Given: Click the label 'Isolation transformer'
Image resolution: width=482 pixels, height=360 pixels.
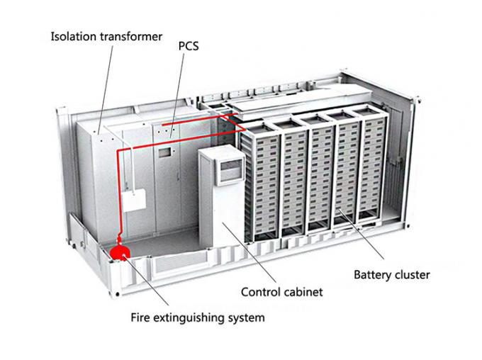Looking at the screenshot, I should [106, 36].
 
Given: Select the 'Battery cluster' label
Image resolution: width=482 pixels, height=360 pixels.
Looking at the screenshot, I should [392, 274].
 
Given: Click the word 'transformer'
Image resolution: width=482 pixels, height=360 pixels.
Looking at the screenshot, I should [131, 36].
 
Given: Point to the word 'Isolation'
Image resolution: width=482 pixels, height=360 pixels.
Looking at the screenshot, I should [74, 36].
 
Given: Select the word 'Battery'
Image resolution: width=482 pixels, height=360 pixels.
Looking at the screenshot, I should [373, 274].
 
